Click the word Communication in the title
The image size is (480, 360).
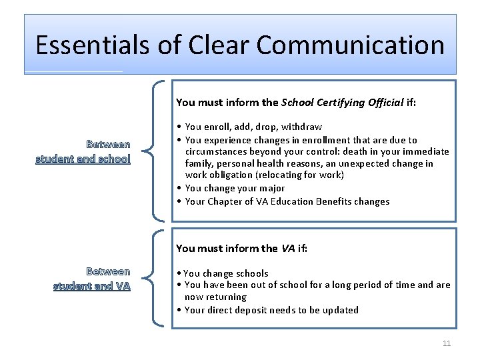coord(351,45)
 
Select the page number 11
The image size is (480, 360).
coord(447,343)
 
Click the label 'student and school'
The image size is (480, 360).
coord(83,159)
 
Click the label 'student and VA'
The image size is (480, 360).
coord(91,287)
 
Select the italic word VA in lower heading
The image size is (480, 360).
coord(288,248)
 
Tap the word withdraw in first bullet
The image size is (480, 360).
coord(302,127)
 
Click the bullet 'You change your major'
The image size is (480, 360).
coord(235,188)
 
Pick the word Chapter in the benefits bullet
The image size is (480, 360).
coord(225,201)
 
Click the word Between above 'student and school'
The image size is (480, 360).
coord(108,144)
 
